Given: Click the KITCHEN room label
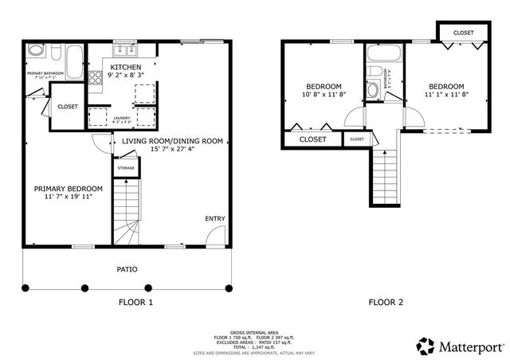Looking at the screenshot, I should [x=126, y=68].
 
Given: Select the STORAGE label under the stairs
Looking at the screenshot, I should [x=126, y=168].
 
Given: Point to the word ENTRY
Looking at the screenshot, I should [x=215, y=218].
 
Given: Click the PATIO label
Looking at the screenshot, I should [x=127, y=269].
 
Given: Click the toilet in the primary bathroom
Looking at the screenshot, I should [x=35, y=51].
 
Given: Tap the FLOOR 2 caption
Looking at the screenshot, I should [x=386, y=302].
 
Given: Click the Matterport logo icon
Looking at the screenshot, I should [x=425, y=346].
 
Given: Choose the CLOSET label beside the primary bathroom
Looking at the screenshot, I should [x=68, y=107].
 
